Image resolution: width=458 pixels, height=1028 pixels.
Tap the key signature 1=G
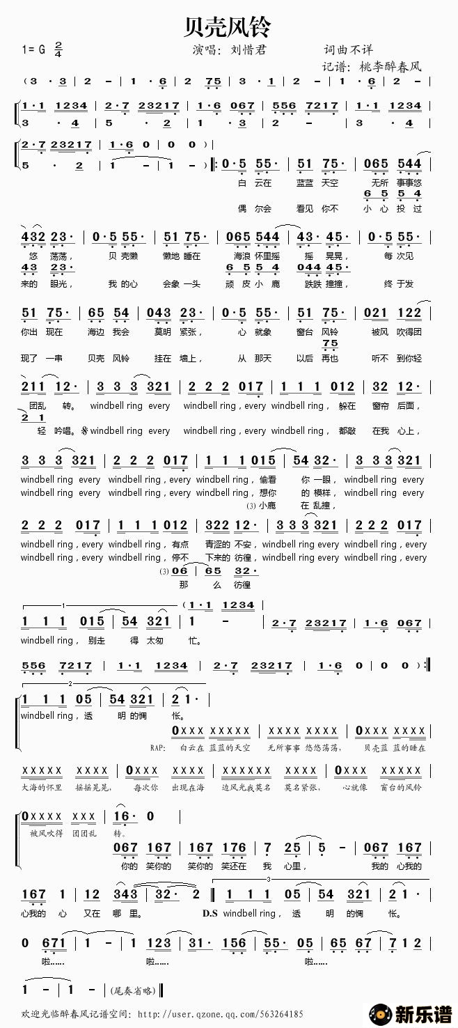click(33, 49)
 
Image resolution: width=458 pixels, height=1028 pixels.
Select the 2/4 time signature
click(58, 49)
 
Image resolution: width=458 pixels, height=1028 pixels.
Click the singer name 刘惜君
click(248, 49)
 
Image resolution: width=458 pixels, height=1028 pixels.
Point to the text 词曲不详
click(348, 49)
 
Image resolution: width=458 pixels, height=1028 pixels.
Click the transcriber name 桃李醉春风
click(390, 67)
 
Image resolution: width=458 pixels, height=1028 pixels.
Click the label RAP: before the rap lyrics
click(159, 747)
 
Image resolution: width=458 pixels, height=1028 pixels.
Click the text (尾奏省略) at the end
click(134, 990)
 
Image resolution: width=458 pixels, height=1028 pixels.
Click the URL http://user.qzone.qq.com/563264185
click(220, 1014)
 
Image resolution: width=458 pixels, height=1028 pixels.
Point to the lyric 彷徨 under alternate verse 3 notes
click(242, 584)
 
